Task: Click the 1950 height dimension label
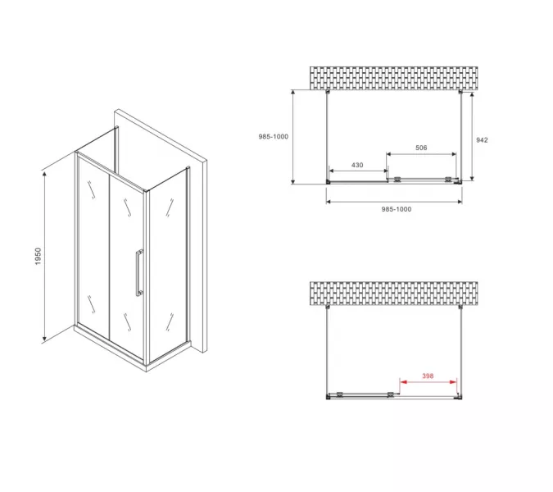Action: (x=38, y=256)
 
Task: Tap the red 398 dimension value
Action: (x=428, y=376)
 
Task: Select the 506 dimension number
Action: (x=421, y=148)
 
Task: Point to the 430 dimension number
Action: (x=357, y=165)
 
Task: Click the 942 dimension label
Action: (x=482, y=140)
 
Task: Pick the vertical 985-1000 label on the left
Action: (x=274, y=137)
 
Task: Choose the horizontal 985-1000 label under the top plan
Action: (x=397, y=209)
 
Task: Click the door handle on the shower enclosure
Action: (x=139, y=273)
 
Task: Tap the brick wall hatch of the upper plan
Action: (x=393, y=78)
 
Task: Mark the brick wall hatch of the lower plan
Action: (x=393, y=294)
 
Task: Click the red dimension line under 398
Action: (x=428, y=382)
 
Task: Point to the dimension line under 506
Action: (x=421, y=154)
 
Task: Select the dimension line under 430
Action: (x=358, y=171)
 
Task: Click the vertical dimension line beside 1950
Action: (x=44, y=257)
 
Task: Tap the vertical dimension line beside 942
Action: (x=472, y=136)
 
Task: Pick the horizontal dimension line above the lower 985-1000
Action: (x=394, y=202)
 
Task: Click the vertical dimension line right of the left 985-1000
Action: (x=292, y=137)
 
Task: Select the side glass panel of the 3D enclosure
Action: (x=168, y=265)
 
